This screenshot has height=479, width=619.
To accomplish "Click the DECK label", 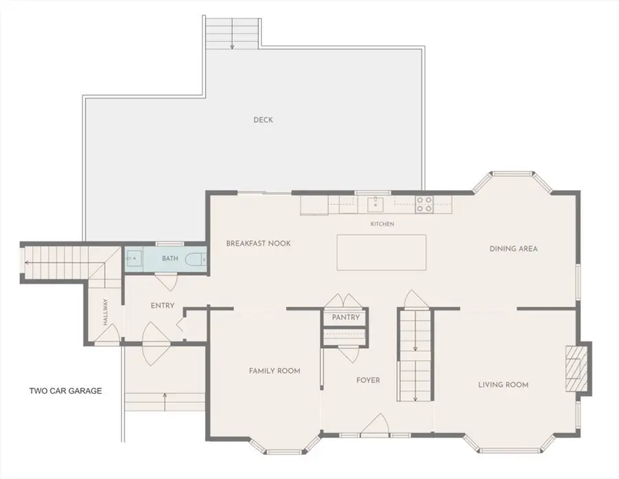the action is coord(263,120).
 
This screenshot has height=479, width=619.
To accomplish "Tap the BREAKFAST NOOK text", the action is coord(258,243).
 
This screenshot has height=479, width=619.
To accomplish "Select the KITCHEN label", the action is coord(382,224).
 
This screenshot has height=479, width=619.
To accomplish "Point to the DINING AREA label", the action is coord(513,248).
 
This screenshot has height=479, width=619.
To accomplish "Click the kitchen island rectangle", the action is coord(381,253).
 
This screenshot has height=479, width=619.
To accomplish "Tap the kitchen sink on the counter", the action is coord(376,204).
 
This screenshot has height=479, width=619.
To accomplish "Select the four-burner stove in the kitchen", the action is coord(424,204).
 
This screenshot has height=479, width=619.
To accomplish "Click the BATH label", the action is coord(170,258).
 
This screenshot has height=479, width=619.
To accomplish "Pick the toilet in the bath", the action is coord(195,259).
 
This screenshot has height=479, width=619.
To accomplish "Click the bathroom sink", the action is coord(134,258).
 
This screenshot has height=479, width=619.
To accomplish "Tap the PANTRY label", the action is coord(345,317).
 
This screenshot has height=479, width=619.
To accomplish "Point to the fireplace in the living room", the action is coord(574,368).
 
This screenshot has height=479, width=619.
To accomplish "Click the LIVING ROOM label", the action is coord(503,385).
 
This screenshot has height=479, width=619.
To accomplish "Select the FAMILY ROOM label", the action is coord(274,371).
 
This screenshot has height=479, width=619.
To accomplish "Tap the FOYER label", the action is coord(368,381).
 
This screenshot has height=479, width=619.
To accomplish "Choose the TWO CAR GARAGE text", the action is coord(65,391).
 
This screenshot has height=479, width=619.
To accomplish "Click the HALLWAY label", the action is coord(105,312).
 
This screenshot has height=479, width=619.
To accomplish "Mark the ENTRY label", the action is coord(162,306).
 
